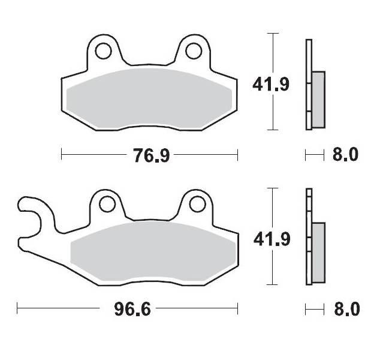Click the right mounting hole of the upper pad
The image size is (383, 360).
click(x=194, y=51)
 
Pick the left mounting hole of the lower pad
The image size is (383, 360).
click(x=107, y=205)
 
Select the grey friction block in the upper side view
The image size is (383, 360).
click(x=318, y=99)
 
